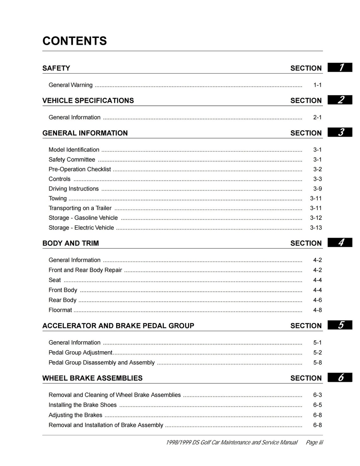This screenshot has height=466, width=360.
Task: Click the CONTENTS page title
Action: click(75, 41)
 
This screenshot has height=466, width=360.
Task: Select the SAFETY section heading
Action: click(56, 68)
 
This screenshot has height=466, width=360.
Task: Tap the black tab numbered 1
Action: click(340, 68)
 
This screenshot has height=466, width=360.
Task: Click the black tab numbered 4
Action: click(340, 243)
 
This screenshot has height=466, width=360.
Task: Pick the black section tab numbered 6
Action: click(340, 378)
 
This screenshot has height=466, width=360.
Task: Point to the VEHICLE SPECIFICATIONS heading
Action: click(88, 100)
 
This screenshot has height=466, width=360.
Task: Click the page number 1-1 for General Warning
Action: click(317, 85)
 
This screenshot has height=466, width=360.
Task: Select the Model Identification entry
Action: click(74, 150)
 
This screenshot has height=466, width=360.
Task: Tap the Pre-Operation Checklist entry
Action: click(80, 169)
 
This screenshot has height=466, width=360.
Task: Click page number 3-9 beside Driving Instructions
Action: click(317, 189)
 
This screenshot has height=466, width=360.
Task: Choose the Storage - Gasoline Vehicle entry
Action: click(83, 218)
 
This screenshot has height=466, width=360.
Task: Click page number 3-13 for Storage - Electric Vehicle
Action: click(316, 228)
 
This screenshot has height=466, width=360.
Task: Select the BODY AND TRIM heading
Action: click(71, 243)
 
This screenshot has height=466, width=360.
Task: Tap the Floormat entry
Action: click(60, 310)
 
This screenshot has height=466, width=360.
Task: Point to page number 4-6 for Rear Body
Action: click(317, 300)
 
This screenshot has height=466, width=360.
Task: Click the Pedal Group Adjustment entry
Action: click(81, 353)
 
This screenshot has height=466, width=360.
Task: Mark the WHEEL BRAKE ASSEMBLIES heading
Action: click(93, 378)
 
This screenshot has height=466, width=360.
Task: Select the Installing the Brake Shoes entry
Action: click(83, 405)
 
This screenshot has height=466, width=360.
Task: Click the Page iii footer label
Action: click(314, 443)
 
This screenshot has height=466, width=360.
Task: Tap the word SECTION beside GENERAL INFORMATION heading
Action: click(306, 133)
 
